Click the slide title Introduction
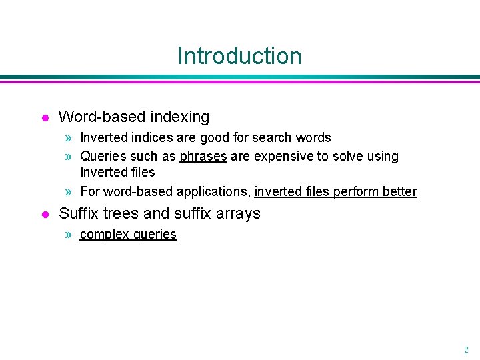tap(239, 55)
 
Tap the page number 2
tap(466, 349)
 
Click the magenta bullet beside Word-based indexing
tap(44, 118)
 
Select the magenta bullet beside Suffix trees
tap(44, 214)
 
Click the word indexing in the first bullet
tap(179, 117)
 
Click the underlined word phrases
tap(203, 156)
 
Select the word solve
tap(346, 156)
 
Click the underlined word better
tap(400, 192)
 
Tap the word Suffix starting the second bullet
tap(79, 213)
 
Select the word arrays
tap(239, 213)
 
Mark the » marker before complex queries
tap(69, 234)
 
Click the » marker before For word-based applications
tap(69, 192)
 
